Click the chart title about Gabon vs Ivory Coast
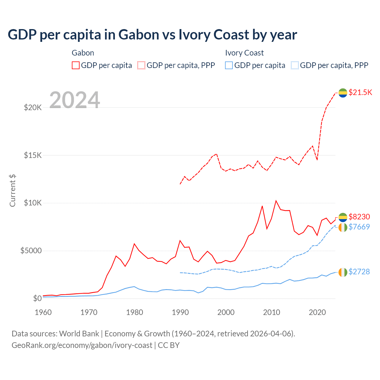(x=152, y=35)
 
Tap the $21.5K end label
(x=360, y=92)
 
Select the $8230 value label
(x=359, y=216)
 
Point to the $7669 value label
(x=359, y=227)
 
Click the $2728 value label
(x=359, y=272)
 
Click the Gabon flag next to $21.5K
(x=343, y=93)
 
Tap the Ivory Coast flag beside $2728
(x=343, y=272)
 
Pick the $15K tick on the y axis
(x=33, y=155)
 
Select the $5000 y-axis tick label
(x=31, y=251)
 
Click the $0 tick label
(x=37, y=298)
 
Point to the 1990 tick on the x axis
(x=180, y=312)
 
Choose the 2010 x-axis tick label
(x=272, y=312)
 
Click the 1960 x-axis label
(x=43, y=312)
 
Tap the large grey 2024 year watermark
(x=75, y=100)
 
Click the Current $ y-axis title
(x=12, y=191)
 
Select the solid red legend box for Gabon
(x=76, y=65)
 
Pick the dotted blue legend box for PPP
(x=295, y=65)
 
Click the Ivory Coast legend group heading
(x=244, y=53)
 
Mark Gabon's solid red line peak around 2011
(x=276, y=201)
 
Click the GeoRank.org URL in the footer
(x=82, y=345)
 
